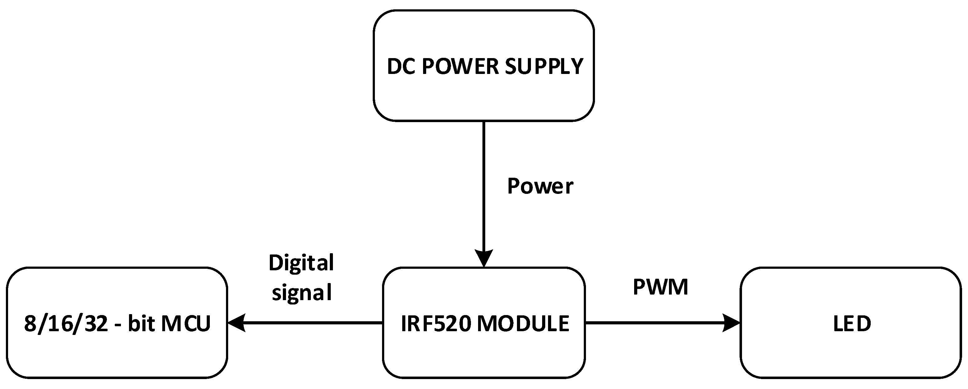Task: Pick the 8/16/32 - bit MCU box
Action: (117, 353)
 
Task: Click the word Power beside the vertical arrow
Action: (540, 186)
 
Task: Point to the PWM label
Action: (660, 287)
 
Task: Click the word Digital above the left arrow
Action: (301, 263)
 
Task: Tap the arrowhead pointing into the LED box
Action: (731, 323)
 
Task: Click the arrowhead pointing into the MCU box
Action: (237, 323)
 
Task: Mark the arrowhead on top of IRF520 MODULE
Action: (484, 258)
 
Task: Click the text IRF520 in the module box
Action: (436, 324)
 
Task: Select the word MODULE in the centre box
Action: (523, 324)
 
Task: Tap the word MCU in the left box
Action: (186, 324)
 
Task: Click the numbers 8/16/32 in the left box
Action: (66, 324)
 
